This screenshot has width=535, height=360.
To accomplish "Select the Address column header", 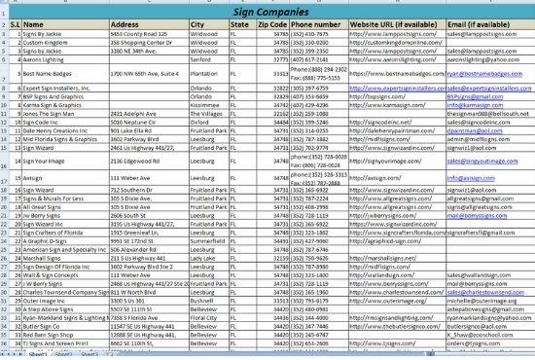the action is [128, 20].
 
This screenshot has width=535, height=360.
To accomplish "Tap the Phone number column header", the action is [318, 20].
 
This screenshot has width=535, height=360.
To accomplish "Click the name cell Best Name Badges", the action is [50, 73].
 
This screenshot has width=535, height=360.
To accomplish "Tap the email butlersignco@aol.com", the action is [476, 297].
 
